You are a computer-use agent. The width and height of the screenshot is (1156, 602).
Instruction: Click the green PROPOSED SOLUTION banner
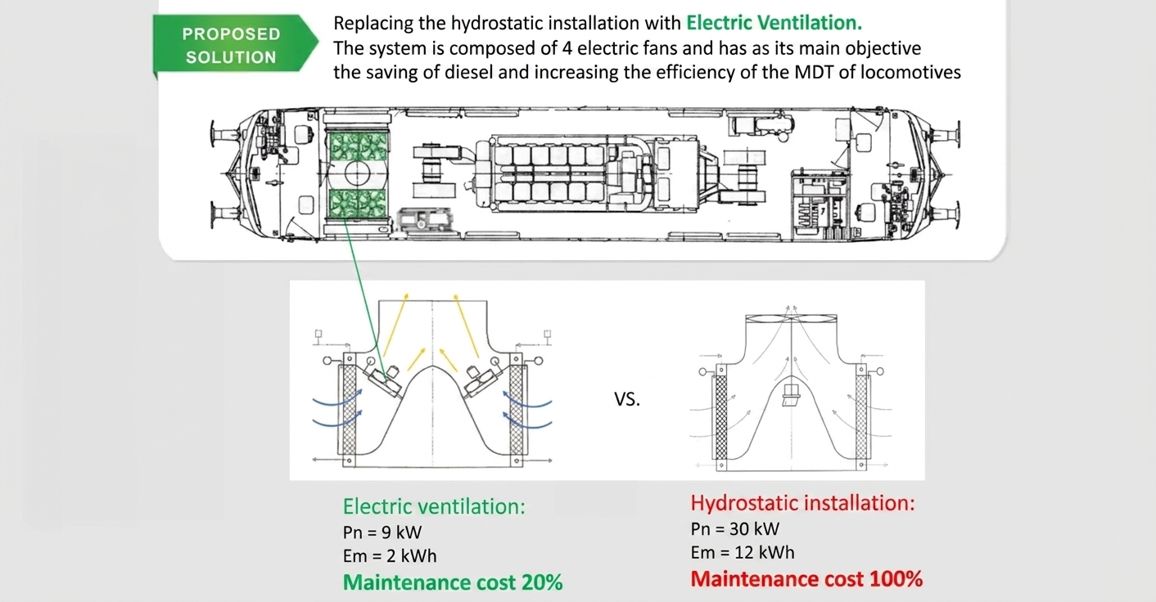click(235, 44)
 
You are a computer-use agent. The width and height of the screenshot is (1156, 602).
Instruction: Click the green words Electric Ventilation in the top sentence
click(774, 23)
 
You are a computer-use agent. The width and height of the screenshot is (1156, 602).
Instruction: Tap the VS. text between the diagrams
click(627, 399)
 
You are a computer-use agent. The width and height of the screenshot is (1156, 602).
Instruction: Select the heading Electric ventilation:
click(434, 506)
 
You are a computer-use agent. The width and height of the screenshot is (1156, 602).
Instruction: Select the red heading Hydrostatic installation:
click(802, 502)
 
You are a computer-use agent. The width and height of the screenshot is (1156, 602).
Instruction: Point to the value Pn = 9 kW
click(382, 532)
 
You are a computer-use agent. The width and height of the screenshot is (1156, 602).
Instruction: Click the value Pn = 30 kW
click(735, 529)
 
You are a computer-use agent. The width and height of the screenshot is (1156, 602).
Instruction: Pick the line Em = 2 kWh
click(390, 555)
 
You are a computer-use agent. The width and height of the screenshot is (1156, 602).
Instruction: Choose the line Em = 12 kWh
click(743, 553)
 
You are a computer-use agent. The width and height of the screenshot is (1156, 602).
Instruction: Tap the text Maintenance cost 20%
click(453, 582)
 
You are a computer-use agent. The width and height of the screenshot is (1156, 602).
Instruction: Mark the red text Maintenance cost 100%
click(806, 579)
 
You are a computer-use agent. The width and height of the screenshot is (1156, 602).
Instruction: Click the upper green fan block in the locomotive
click(357, 146)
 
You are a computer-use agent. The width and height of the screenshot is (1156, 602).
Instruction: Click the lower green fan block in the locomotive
click(357, 203)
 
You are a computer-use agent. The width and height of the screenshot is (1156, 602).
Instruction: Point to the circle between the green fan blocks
click(357, 173)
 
